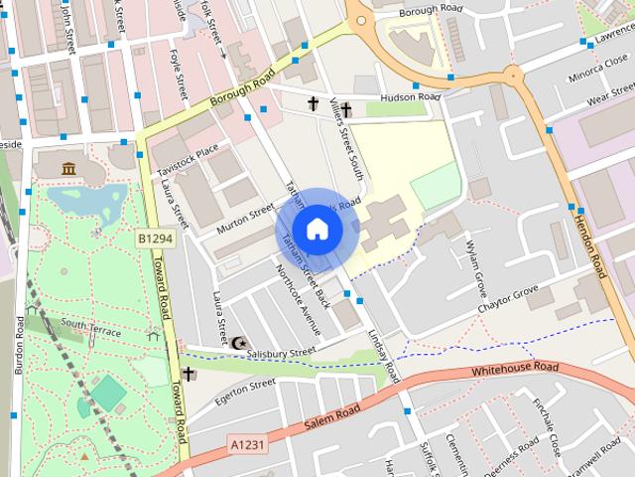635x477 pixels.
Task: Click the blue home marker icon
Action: pyautogui.click(x=317, y=230)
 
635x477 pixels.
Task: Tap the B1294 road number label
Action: pyautogui.click(x=155, y=239)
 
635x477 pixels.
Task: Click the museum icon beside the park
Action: pyautogui.click(x=68, y=168)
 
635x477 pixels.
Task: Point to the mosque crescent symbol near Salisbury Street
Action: pyautogui.click(x=238, y=343)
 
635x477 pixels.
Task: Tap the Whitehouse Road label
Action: pyautogui.click(x=515, y=370)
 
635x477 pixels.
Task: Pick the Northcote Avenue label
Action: pyautogui.click(x=298, y=298)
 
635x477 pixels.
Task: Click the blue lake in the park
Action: pyautogui.click(x=84, y=204)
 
